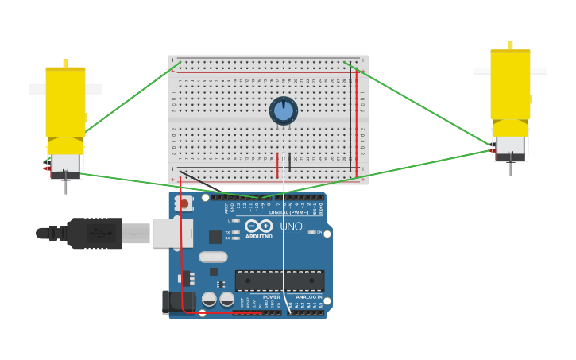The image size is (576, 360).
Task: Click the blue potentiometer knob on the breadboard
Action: [284, 110]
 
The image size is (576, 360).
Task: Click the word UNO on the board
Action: [291, 226]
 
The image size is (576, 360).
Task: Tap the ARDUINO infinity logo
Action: [259, 226]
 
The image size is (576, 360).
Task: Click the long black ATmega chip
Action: [279, 281]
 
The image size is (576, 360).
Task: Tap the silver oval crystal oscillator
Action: [213, 257]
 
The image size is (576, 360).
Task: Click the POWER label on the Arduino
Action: [271, 297]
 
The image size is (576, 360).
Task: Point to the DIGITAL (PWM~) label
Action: [288, 212]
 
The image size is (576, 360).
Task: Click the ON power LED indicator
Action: [312, 232]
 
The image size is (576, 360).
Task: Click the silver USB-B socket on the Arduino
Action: [171, 233]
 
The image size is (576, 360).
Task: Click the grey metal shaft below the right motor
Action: [510, 168]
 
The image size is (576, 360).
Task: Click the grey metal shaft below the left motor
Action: [65, 187]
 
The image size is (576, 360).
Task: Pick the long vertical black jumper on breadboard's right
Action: [350, 119]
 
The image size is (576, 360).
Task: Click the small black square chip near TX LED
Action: [215, 237]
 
